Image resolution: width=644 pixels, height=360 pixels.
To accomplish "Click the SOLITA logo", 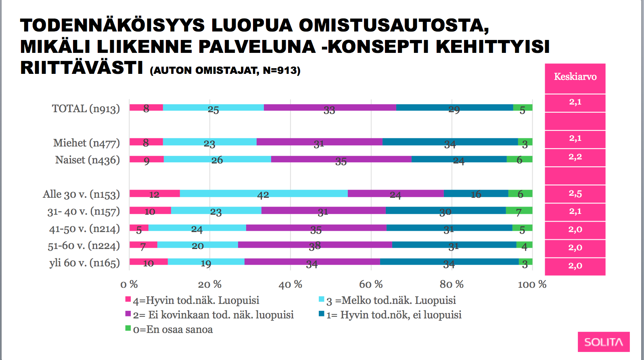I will tap(603, 342).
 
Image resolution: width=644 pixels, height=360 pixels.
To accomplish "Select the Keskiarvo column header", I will tap(575, 77).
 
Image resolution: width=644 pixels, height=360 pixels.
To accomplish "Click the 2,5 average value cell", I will tap(575, 194).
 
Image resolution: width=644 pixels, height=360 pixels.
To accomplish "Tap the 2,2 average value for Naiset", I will tap(575, 157).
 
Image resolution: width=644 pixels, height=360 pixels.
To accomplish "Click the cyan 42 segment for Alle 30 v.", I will tap(263, 193).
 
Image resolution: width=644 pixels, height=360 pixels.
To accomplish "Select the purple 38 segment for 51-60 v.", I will tap(315, 245).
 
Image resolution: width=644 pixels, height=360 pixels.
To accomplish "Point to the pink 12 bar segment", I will tap(155, 193).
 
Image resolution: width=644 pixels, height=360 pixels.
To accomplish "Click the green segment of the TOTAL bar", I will tap(523, 107).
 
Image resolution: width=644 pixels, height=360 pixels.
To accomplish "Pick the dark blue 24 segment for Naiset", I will tap(459, 159).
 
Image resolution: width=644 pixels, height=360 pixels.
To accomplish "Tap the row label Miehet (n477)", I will tap(86, 143).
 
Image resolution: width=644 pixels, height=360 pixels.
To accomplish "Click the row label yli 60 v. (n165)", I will tap(84, 263).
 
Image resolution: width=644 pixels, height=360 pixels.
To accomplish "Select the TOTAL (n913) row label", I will tap(86, 109).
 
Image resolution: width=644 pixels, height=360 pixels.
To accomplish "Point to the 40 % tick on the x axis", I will tap(290, 285).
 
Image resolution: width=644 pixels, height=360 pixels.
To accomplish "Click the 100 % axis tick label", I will tap(532, 285).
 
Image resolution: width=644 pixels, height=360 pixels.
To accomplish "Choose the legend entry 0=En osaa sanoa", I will tap(173, 330).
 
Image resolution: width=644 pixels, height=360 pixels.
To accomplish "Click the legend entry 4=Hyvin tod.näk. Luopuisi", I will tap(196, 300).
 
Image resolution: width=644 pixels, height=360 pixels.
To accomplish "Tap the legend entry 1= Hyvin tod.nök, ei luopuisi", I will tap(393, 315).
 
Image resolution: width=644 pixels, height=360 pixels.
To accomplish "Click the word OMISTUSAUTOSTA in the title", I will tap(393, 25).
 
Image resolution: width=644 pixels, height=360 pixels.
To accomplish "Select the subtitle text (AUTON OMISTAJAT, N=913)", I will tap(225, 71).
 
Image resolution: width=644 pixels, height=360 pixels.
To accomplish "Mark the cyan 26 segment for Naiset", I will tap(217, 159).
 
